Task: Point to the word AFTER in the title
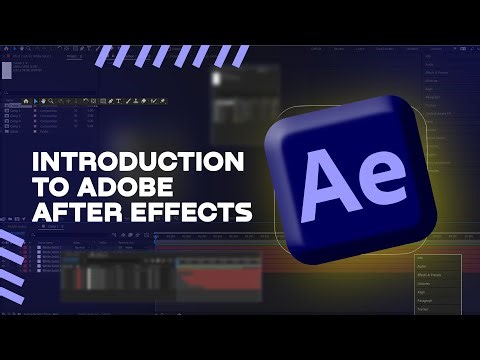coord(70,211)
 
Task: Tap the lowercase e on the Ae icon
coord(380,178)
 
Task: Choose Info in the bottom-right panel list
coord(420,259)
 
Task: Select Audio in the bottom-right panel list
coord(421,268)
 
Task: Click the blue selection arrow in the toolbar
coord(37,101)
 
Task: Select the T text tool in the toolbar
coord(117,101)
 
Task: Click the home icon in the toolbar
coord(26,101)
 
